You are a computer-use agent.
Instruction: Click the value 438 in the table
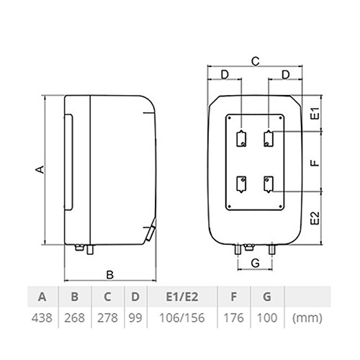coord(42,318)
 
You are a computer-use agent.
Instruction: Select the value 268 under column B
coord(74,318)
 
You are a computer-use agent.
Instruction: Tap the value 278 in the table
coord(107,318)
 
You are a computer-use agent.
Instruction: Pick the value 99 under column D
coord(135,318)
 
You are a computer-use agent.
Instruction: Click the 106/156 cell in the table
coord(182,318)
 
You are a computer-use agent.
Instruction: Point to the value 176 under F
coord(233,318)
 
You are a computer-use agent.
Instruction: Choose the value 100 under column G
coord(267,318)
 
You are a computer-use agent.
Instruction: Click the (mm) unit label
coord(307,318)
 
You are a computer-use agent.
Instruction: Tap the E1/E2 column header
coord(182,297)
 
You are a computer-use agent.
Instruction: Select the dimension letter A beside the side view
coord(40,169)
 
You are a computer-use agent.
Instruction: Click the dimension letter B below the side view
coord(109,275)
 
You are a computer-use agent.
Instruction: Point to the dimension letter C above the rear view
coord(256,61)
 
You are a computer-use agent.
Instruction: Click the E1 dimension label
coord(316,113)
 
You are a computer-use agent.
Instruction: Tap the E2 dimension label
coord(315,218)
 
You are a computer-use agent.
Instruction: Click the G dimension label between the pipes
coord(256,263)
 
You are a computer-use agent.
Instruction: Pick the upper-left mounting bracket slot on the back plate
coord(241,138)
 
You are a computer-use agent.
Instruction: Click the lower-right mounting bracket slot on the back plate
coord(269,184)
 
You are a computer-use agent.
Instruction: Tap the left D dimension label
coord(225,75)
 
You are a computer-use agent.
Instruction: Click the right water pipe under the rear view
coord(272,250)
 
